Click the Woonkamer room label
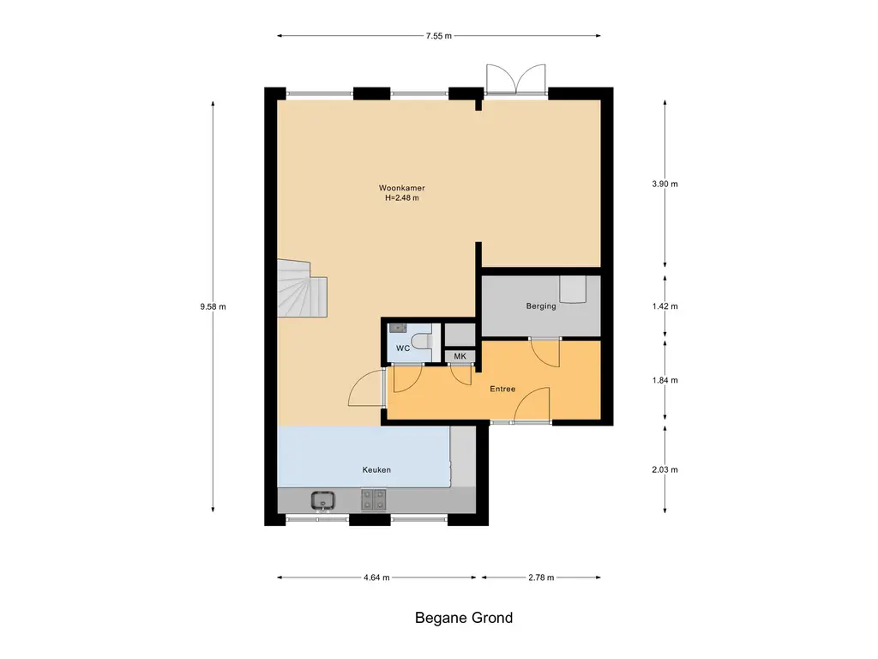[401, 188]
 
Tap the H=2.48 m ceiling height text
[401, 198]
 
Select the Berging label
[541, 306]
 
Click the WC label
[403, 348]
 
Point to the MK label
[460, 356]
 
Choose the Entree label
[502, 389]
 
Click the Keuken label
[376, 469]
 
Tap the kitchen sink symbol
[323, 500]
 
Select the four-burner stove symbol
[373, 499]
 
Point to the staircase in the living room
[302, 288]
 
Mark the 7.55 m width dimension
[438, 36]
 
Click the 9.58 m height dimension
[213, 306]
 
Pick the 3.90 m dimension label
[665, 184]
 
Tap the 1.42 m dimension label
[665, 306]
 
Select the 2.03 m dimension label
[665, 469]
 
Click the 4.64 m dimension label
[376, 577]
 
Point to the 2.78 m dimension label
[541, 577]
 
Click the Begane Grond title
[464, 618]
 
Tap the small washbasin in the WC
[398, 328]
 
